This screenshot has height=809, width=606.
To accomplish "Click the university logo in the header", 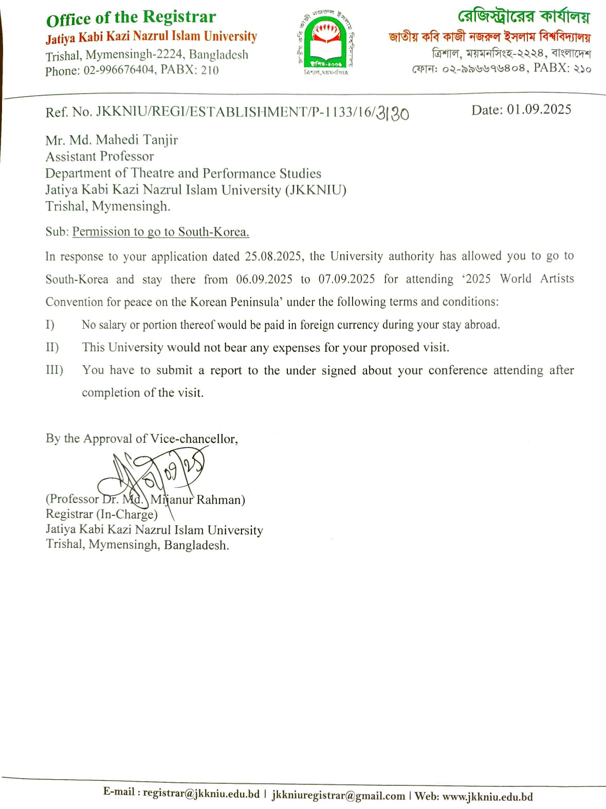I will pos(326,44).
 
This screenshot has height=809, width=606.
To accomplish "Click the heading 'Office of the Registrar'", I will pos(131,18).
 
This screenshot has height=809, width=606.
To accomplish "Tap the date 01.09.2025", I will pos(539,110).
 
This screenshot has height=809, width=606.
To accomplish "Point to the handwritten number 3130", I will pos(393,113).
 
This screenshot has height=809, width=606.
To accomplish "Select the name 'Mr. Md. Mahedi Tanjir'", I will pos(112,140).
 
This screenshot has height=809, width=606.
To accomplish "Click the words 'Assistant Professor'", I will pos(100,156).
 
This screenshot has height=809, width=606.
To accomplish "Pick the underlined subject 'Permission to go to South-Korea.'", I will pos(160,232).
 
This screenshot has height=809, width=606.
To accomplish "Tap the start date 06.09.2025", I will pos(264,279).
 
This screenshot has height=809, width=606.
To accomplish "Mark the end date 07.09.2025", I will pos(346,279).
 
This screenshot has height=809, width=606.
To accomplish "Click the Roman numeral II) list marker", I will pos(52,348).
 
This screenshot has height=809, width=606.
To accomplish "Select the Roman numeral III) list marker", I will pos(54,370).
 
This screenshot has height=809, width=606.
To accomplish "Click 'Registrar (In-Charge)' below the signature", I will pos(101,514).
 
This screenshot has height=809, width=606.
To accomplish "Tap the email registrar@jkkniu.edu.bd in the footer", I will pos(201,794).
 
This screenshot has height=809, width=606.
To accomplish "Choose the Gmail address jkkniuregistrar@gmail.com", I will pos(338,795).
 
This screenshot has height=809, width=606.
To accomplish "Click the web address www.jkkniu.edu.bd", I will pos(487,797).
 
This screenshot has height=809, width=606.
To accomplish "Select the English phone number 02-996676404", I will pos(119,70).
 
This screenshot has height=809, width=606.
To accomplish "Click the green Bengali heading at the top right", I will pos(523,17).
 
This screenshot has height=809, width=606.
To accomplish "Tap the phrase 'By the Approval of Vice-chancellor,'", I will pos(141,439).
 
